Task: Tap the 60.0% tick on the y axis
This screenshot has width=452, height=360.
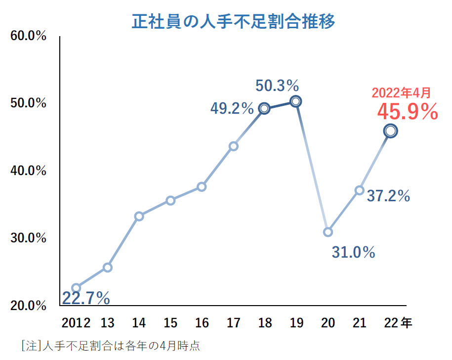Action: coord(28,37)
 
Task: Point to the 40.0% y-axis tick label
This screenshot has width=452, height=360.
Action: coord(28,171)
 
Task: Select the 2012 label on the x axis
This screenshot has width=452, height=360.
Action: coord(76,323)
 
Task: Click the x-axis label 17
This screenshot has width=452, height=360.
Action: coord(234,323)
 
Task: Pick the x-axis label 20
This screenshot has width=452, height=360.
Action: coord(328,323)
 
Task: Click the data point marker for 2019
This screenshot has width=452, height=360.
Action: coord(296,101)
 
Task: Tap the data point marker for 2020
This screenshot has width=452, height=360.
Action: coord(328,232)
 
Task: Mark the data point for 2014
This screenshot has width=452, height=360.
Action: coord(139,216)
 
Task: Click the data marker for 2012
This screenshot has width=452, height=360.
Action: coord(76,288)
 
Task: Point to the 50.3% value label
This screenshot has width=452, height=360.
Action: coord(277,86)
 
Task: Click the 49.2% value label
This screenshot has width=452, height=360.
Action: coord(232,108)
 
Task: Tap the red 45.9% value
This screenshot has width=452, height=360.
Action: coord(408,112)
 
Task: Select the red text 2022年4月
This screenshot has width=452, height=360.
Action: coord(401,92)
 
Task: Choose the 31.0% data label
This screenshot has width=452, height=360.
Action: coord(353,253)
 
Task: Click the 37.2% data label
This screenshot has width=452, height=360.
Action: coord(388,196)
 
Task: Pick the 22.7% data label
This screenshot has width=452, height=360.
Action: coord(86,298)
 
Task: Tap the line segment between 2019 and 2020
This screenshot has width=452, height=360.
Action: coord(312,167)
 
